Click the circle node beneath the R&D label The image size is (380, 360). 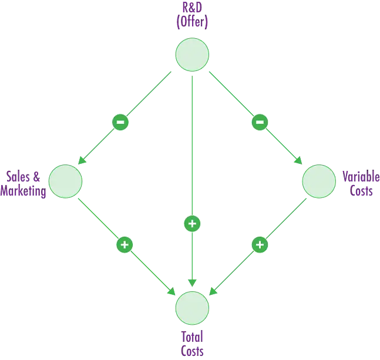pyautogui.click(x=192, y=55)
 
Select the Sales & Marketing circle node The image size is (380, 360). pyautogui.click(x=65, y=181)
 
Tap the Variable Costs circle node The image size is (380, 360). pyautogui.click(x=319, y=181)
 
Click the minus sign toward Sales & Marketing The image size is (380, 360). pyautogui.click(x=120, y=123)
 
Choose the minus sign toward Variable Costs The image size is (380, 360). pyautogui.click(x=260, y=122)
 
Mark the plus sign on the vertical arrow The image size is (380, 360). pyautogui.click(x=192, y=224)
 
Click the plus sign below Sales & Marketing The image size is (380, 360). pyautogui.click(x=124, y=244)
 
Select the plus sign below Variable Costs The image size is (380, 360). pyautogui.click(x=260, y=244)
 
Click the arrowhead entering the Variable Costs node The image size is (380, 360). pyautogui.click(x=300, y=160)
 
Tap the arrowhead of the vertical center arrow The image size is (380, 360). pyautogui.click(x=192, y=282)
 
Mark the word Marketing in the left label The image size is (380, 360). pyautogui.click(x=26, y=191)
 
